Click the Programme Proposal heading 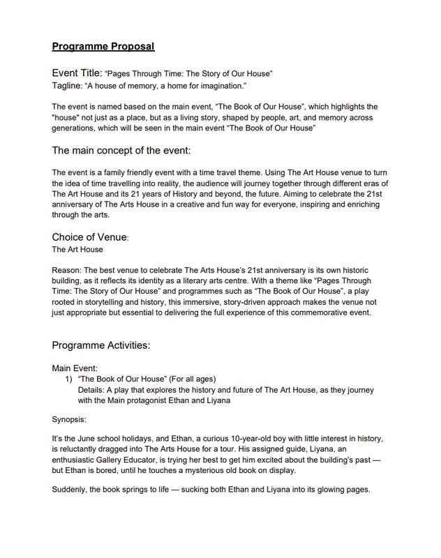pyautogui.click(x=103, y=47)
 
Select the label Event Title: pyautogui.click(x=77, y=73)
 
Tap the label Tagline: pyautogui.click(x=67, y=86)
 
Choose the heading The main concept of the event pyautogui.click(x=121, y=150)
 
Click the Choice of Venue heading pyautogui.click(x=89, y=237)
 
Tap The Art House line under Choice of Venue pyautogui.click(x=77, y=250)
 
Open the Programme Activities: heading pyautogui.click(x=100, y=345)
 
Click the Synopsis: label pyautogui.click(x=71, y=421)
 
